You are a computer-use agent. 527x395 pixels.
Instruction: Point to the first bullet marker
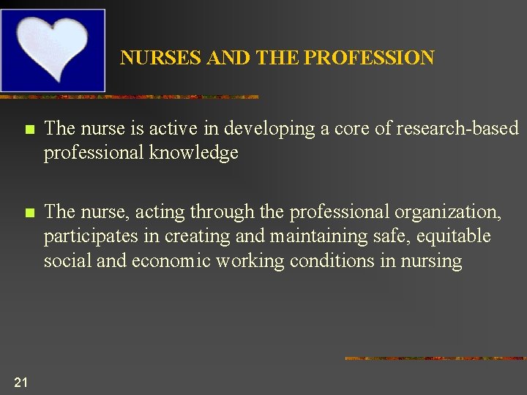(x=29, y=130)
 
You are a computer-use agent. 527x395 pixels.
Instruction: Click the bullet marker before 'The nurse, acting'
(x=29, y=214)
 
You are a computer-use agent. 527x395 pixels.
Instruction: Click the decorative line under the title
(x=129, y=97)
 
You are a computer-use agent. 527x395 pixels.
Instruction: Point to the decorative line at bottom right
(x=435, y=358)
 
